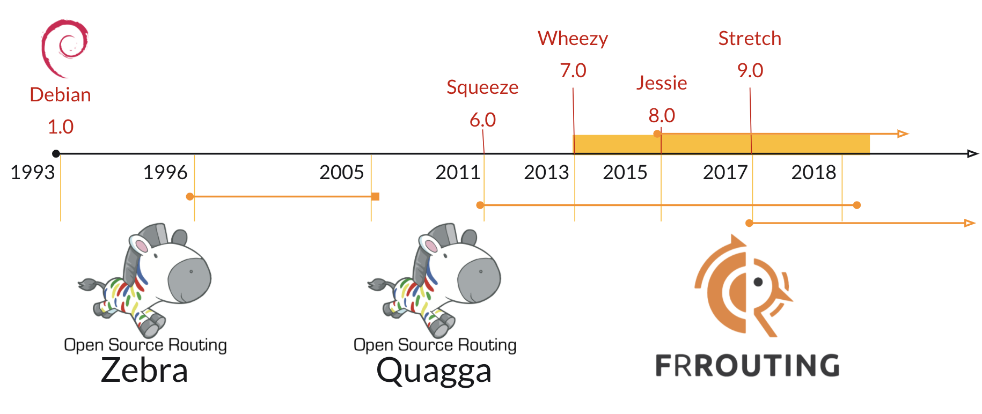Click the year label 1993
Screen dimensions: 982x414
(33, 172)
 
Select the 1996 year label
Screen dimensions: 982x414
(165, 172)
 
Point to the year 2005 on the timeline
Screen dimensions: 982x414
(341, 172)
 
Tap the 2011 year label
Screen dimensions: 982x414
(458, 172)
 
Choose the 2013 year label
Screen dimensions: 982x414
(546, 172)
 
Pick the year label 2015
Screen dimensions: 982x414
(625, 172)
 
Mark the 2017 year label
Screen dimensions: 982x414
(725, 172)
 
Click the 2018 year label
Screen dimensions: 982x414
(814, 172)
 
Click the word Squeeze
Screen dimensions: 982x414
(482, 87)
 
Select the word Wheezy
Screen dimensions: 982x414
(573, 39)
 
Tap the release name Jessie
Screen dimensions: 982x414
(662, 83)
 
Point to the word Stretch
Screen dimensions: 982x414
(750, 38)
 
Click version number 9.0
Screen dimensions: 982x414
(750, 70)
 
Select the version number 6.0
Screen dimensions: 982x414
(482, 120)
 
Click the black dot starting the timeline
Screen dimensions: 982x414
(56, 154)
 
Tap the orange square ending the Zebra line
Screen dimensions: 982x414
(376, 197)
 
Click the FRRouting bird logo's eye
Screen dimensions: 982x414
(758, 282)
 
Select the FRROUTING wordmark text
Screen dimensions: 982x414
(748, 365)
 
